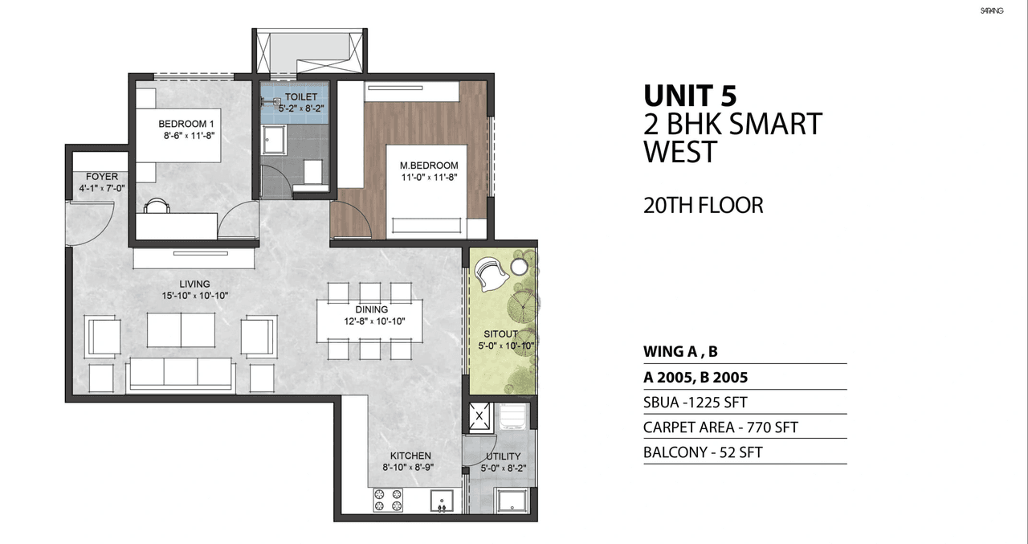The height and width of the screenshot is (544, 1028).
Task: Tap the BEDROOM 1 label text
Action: coord(186,124)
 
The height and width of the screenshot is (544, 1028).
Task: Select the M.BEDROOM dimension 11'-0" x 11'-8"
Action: coord(429,178)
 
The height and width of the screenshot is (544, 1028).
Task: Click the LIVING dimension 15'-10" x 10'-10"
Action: coord(194,296)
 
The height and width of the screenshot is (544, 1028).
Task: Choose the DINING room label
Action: coord(371,309)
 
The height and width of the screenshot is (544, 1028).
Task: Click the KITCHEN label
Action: coord(411,456)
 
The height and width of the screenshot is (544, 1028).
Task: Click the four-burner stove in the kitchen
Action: coord(387,501)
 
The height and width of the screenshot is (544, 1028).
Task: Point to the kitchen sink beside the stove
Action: coord(442,501)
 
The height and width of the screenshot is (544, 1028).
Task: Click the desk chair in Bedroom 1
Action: coord(157,207)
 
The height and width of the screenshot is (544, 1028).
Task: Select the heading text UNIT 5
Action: coord(689,96)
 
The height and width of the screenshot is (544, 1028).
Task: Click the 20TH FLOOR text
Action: coord(703,205)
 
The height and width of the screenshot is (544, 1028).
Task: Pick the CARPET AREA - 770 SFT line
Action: coord(720,427)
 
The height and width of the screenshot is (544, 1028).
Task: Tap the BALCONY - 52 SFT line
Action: coord(703,452)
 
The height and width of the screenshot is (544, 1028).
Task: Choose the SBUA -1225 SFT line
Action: coord(696,403)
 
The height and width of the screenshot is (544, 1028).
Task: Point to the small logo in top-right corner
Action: coord(993,10)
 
